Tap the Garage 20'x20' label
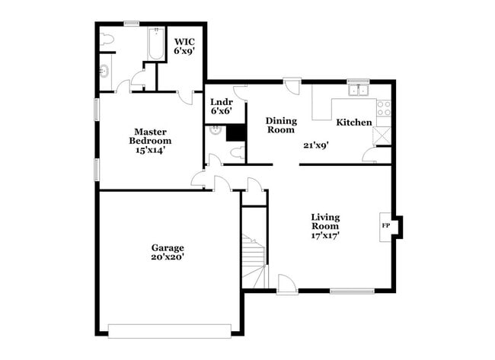tap(167, 253)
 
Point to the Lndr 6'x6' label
tap(221, 106)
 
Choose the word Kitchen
tap(354, 123)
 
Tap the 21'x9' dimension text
tap(315, 145)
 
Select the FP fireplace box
tap(386, 226)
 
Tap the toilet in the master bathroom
tap(106, 39)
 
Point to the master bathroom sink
tap(104, 72)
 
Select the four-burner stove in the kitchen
tap(384, 108)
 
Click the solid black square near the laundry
tap(235, 132)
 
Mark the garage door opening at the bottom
tap(169, 330)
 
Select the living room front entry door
tap(286, 284)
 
